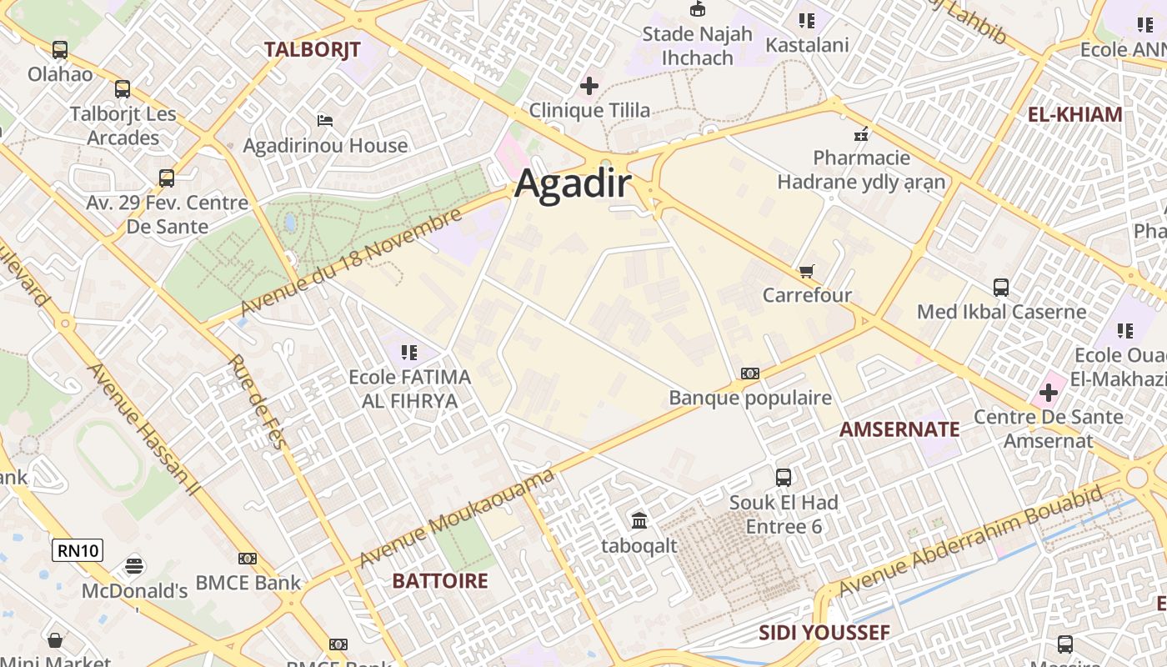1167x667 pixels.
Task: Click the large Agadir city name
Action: (573, 183)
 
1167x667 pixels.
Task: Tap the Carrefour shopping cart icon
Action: (806, 272)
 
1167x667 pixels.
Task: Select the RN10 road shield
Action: (78, 550)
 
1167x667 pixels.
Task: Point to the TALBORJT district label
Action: (312, 50)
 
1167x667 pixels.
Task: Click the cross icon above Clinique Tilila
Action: (589, 86)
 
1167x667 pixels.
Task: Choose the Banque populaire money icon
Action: (749, 374)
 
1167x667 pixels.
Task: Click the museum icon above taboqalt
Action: (639, 521)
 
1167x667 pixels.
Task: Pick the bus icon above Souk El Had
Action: (783, 478)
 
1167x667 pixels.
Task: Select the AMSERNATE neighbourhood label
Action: (899, 429)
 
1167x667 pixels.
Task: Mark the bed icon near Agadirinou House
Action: (325, 122)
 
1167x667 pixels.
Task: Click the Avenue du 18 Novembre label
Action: (350, 263)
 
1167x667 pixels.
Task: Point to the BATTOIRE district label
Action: (439, 581)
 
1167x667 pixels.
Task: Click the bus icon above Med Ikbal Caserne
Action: (1000, 288)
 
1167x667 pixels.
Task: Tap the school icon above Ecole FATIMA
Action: (408, 353)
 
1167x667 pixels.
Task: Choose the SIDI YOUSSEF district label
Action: (824, 633)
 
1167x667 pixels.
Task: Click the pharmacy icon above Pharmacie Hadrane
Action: (861, 133)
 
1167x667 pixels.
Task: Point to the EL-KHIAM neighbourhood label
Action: (1074, 115)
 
